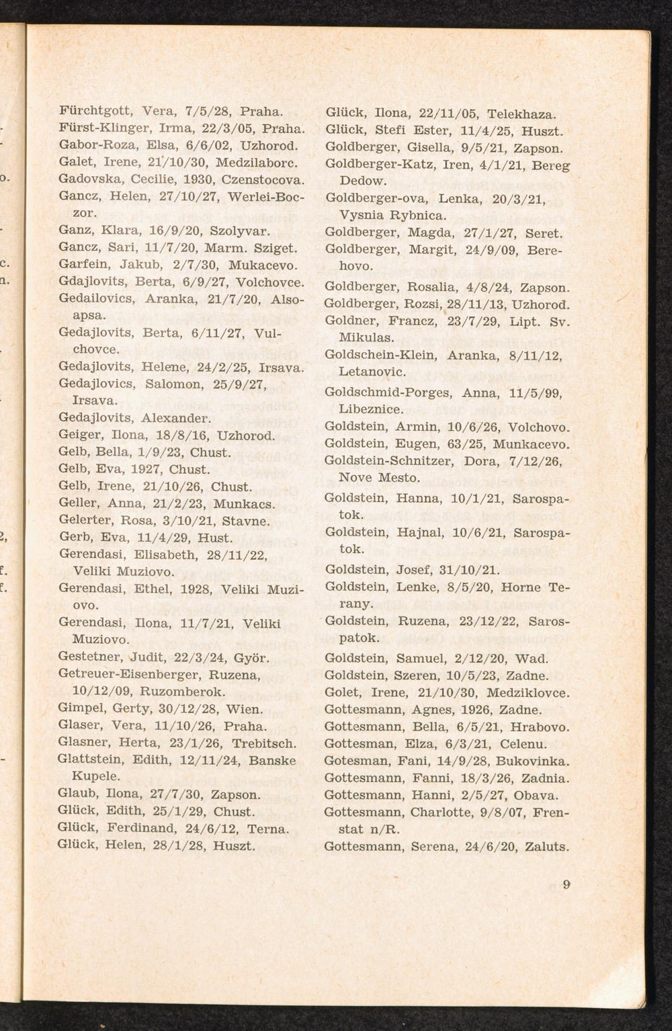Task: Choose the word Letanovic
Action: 372,372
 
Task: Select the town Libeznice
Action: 371,409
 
